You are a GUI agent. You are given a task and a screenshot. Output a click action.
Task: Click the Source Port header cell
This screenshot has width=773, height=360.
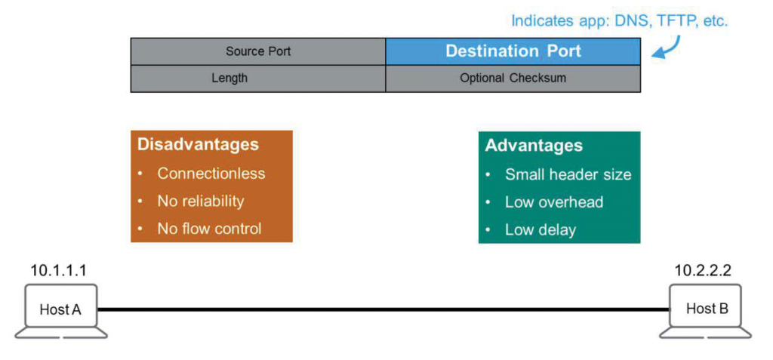(x=258, y=51)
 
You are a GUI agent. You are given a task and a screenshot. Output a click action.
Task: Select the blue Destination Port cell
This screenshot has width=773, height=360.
(x=513, y=51)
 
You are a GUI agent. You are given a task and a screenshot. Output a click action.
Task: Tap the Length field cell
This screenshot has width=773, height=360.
(x=229, y=78)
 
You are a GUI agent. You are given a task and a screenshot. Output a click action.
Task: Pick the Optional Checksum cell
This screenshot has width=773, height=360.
(x=513, y=78)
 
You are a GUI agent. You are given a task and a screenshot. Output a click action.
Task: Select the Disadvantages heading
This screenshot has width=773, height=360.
(x=198, y=145)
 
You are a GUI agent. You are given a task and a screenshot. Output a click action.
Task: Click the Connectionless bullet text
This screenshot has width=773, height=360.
(x=211, y=174)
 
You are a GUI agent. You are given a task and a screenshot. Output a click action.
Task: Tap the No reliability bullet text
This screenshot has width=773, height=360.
(x=201, y=201)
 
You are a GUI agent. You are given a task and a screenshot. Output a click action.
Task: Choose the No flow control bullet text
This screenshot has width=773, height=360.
(x=209, y=228)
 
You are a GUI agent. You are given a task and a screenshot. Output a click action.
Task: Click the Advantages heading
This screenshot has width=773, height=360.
(x=534, y=145)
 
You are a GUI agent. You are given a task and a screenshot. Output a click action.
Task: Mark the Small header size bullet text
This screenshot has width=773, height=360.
(x=568, y=174)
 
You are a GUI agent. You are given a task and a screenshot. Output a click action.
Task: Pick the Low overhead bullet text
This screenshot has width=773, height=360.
(x=554, y=202)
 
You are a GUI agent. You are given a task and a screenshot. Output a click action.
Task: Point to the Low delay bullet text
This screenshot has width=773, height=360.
(x=540, y=229)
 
